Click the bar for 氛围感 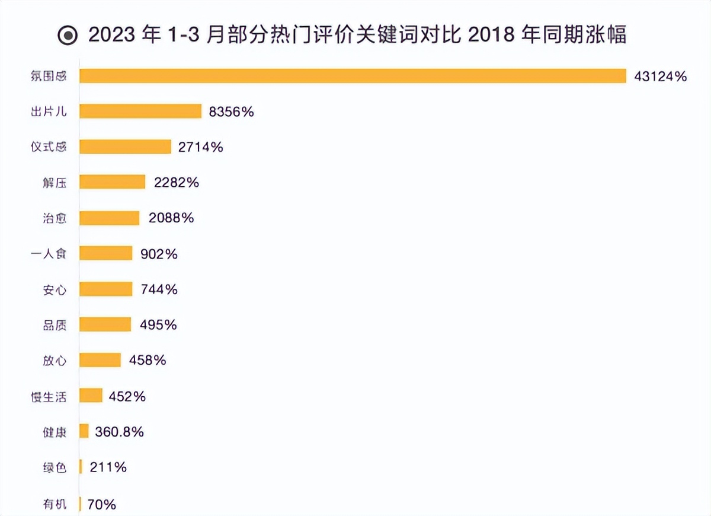coord(353,76)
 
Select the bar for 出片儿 coord(140,112)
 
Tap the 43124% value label coord(660,76)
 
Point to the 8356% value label coord(231,112)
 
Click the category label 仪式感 coord(49,147)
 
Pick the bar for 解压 coord(112,182)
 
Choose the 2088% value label coord(171,218)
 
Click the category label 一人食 coord(49,254)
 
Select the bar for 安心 coord(105,289)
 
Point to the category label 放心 coord(55,361)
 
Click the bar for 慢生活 coord(91,396)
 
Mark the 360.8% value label coord(119,432)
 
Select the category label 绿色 coord(55,467)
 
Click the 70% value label coord(101,505)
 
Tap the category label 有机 coord(55,505)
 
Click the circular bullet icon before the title coord(68,36)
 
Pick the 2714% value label coord(200,147)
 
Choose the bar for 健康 coord(84,431)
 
